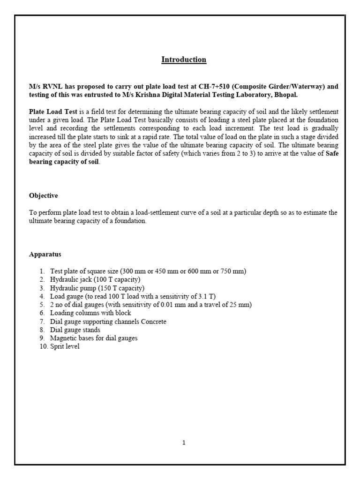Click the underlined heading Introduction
point(184,60)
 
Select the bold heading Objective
point(44,195)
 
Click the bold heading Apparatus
point(45,254)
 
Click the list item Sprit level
point(65,346)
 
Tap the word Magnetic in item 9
point(64,338)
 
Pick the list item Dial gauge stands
point(75,330)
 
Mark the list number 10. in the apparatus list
point(44,346)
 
